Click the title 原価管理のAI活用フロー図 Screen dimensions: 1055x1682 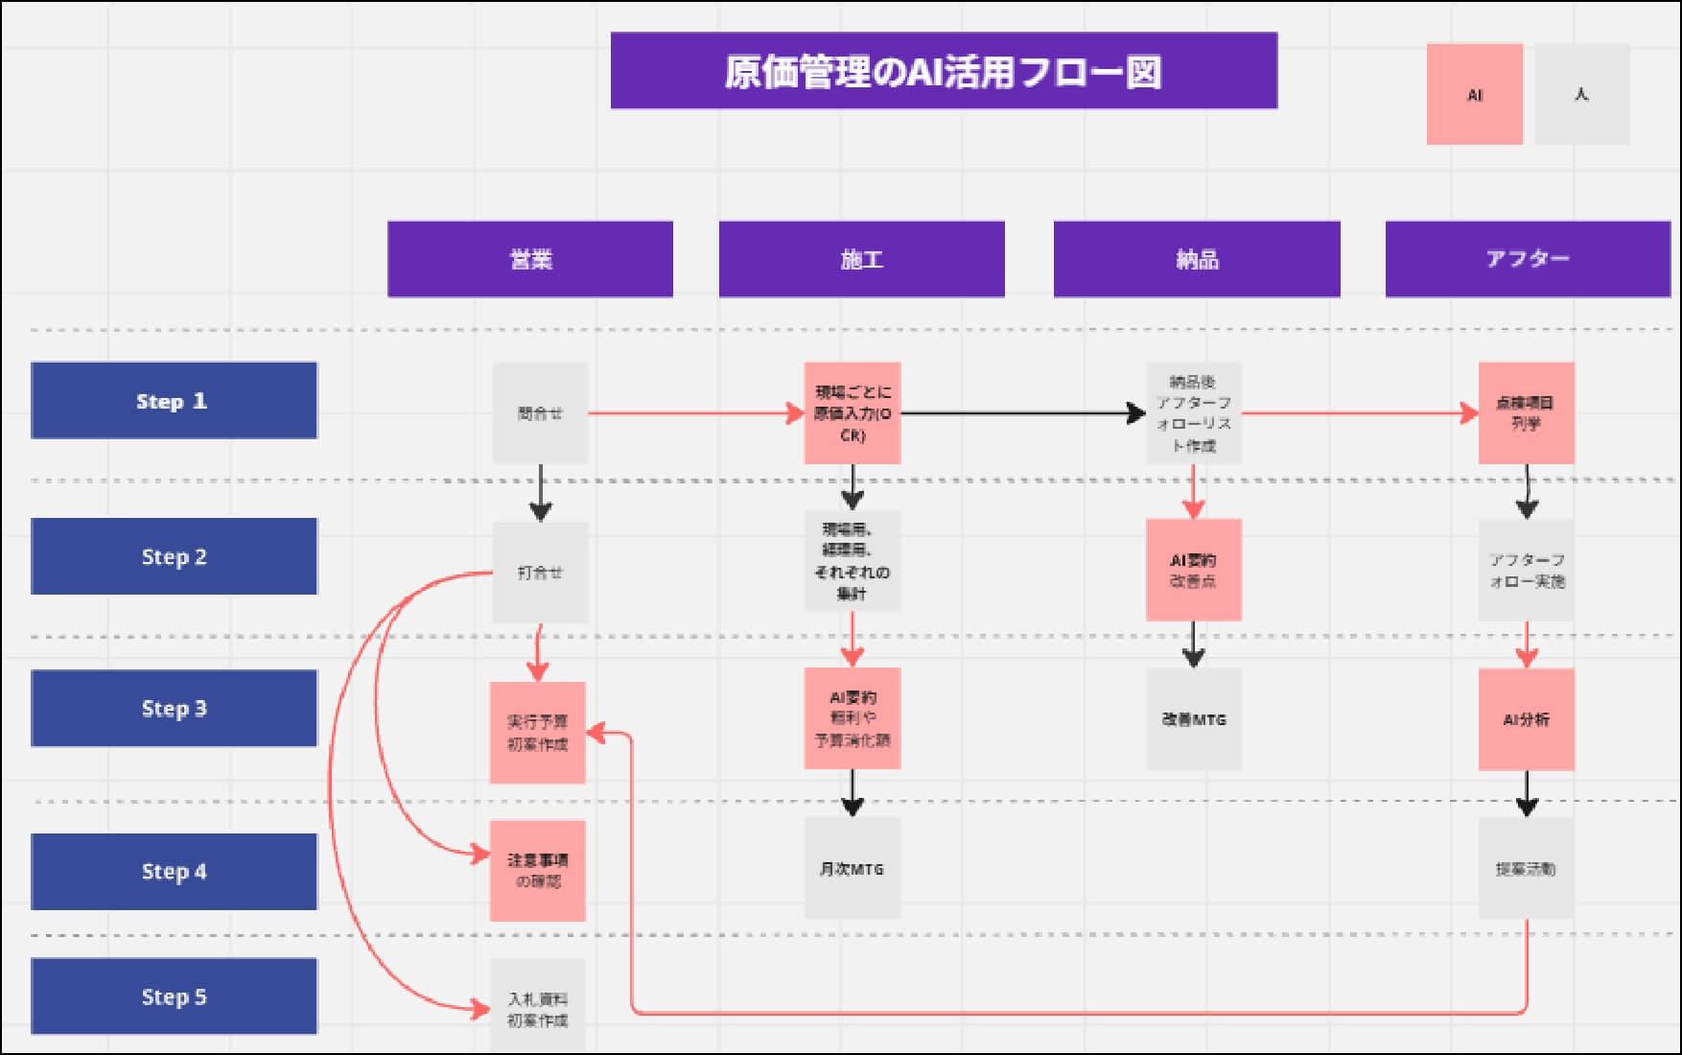tap(944, 71)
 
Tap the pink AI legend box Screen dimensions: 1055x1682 tap(1474, 94)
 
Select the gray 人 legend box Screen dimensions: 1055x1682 tap(1581, 94)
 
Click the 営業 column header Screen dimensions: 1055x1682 tap(529, 259)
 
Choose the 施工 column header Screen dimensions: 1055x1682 tap(861, 259)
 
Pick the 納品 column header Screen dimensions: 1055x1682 tap(1196, 259)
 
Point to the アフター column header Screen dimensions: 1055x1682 tap(1527, 259)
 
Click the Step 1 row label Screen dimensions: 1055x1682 tap(174, 400)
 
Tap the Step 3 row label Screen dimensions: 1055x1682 tap(174, 708)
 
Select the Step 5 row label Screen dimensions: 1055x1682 tap(174, 996)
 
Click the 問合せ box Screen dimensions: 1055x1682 tap(540, 413)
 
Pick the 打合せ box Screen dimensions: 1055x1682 tap(540, 573)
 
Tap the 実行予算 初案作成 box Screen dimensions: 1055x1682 tap(537, 733)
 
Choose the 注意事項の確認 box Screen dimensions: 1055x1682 tap(537, 870)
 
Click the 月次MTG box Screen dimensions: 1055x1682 tap(852, 868)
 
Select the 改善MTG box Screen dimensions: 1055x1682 tap(1193, 719)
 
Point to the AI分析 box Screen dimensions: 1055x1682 tap(1526, 719)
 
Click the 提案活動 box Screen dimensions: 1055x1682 tap(1526, 868)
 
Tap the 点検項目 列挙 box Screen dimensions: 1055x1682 tap(1526, 413)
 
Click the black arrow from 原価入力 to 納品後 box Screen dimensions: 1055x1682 tap(1022, 413)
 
